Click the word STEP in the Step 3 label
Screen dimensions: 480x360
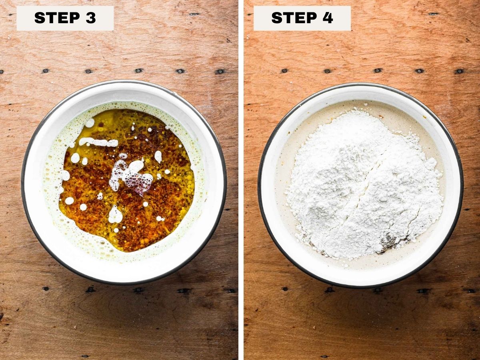[x=57, y=18]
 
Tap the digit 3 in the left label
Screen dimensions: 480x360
[x=91, y=18]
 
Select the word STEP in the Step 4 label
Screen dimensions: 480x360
[x=294, y=18]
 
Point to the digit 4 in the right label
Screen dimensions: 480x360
[x=328, y=18]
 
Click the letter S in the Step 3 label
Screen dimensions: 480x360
[x=40, y=18]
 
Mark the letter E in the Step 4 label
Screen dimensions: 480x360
[x=300, y=18]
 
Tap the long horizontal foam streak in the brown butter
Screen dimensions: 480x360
[x=98, y=142]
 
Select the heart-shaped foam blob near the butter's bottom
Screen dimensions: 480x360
[x=114, y=215]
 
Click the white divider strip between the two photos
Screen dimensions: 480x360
[x=241, y=180]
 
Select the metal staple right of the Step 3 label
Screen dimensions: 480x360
[x=194, y=14]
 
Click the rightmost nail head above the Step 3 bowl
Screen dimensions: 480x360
[x=220, y=72]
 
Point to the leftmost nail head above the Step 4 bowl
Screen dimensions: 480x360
[x=284, y=71]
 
